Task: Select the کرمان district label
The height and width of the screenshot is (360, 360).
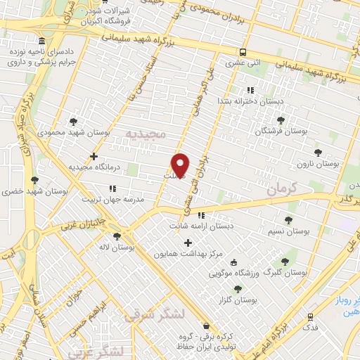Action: [x=283, y=188]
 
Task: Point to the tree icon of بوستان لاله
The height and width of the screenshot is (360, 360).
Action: [x=116, y=236]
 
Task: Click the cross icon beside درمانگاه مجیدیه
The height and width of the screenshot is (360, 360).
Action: [x=94, y=156]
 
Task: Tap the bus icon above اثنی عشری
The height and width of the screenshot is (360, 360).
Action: [x=243, y=52]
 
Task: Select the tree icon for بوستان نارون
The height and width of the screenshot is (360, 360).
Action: [x=318, y=152]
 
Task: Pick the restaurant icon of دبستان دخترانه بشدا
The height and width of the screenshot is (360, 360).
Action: [x=250, y=89]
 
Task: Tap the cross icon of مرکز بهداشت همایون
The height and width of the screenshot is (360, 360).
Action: [x=188, y=243]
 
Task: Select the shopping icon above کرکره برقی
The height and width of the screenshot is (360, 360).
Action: [x=205, y=326]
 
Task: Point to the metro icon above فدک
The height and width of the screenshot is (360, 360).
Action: [x=310, y=318]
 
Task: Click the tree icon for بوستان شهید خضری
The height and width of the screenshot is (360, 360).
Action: [x=34, y=181]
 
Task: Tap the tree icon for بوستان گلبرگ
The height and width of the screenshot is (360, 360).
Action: [x=285, y=261]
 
